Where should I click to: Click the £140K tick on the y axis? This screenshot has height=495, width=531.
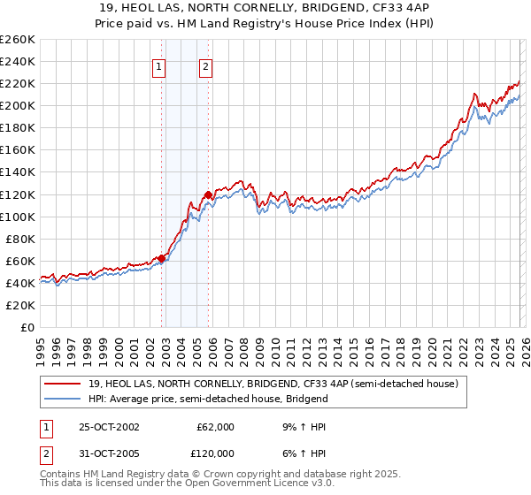tap(18, 172)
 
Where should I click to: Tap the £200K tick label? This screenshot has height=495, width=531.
tap(18, 106)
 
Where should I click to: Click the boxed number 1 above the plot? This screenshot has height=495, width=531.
tap(159, 65)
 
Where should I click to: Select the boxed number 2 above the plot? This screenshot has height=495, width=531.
tap(205, 65)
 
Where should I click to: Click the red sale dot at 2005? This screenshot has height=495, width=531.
tap(209, 194)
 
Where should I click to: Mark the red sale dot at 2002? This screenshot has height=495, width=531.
tap(162, 258)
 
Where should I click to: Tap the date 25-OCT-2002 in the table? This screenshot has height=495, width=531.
tap(109, 426)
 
